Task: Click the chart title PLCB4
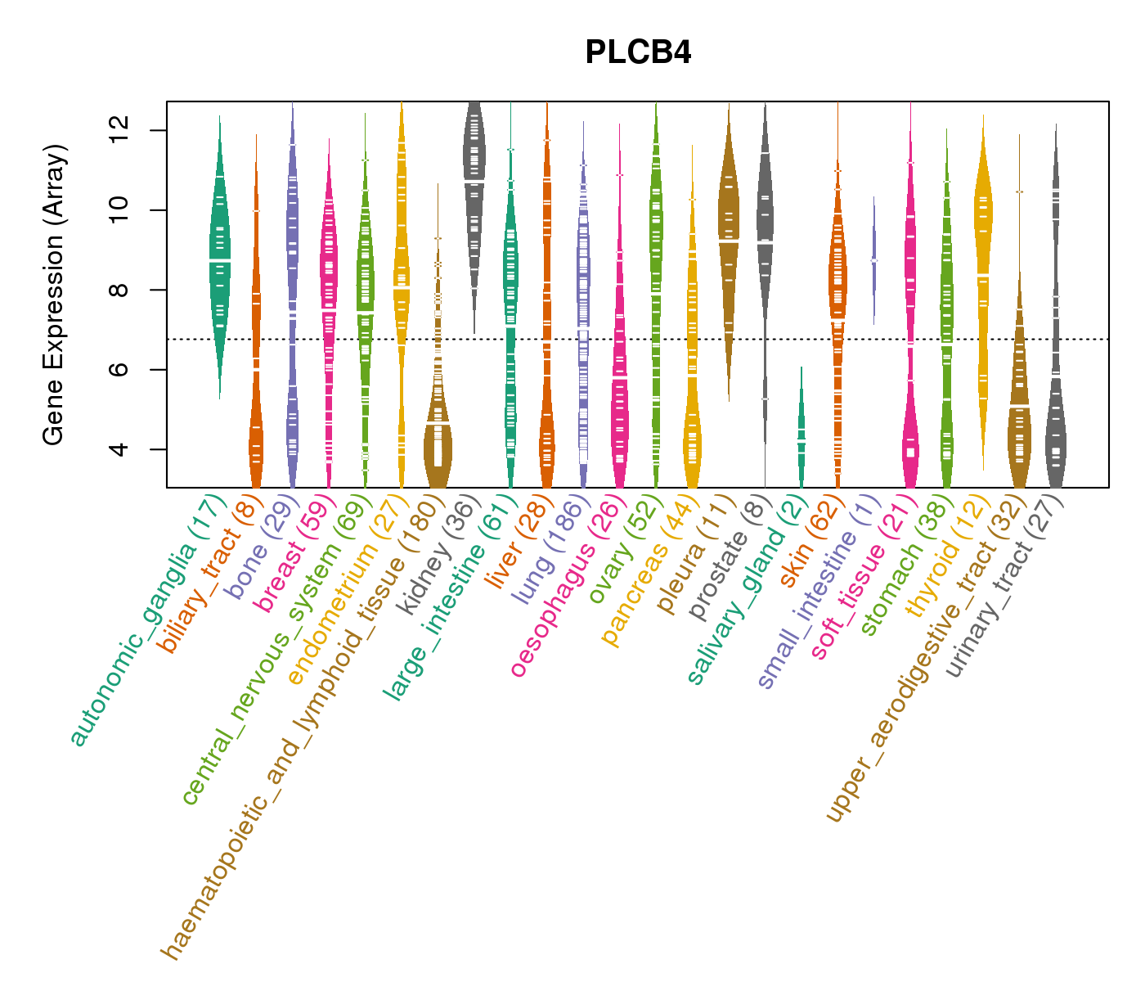coord(638,53)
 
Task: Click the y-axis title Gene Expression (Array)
coord(54,295)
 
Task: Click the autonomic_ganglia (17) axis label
coord(147,622)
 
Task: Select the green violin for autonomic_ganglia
coord(219,254)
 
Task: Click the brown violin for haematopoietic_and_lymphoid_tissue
coord(438,442)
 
